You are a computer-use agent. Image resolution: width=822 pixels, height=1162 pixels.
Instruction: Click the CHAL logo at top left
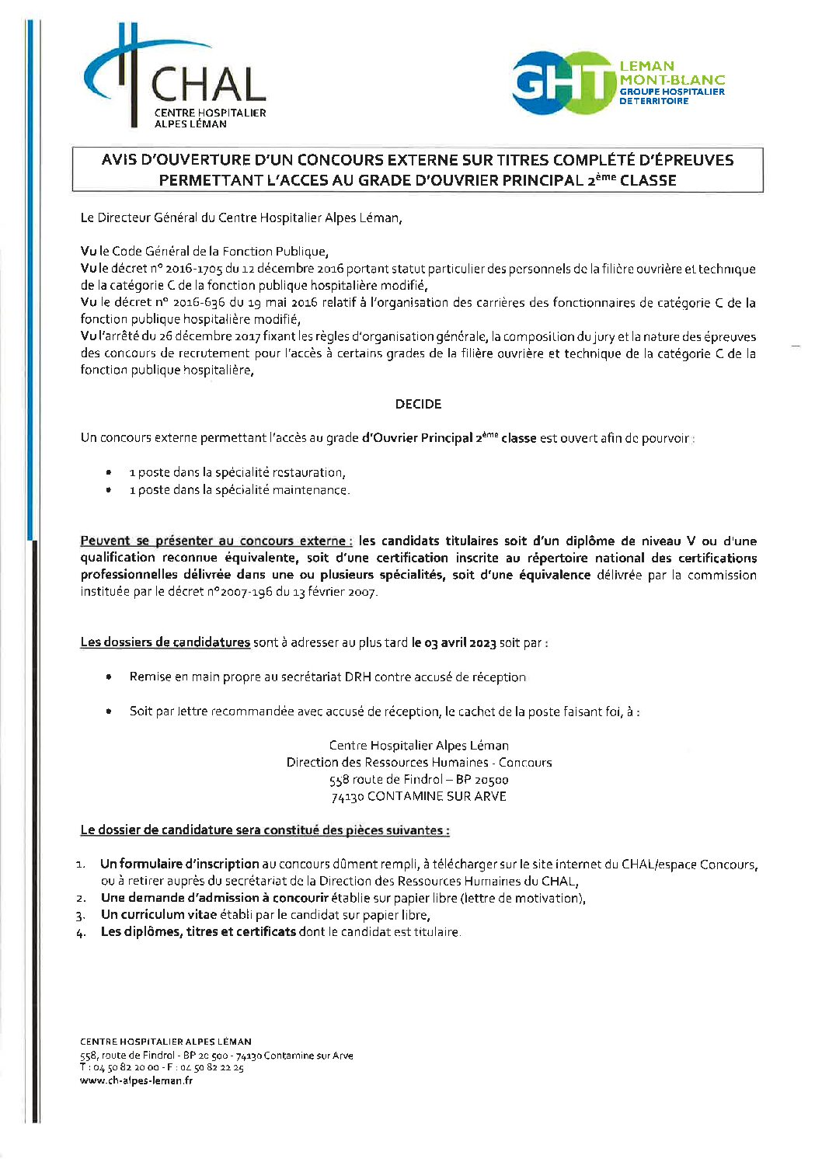[x=175, y=78]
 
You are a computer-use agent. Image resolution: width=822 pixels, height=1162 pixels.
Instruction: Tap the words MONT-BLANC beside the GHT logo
[x=672, y=79]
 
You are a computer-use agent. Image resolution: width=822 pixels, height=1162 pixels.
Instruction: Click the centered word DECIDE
[x=418, y=404]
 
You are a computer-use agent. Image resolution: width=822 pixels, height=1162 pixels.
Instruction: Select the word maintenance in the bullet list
[x=311, y=490]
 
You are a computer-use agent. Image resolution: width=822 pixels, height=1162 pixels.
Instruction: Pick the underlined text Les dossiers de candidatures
[x=165, y=642]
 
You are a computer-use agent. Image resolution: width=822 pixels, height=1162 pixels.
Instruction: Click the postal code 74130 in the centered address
[x=347, y=797]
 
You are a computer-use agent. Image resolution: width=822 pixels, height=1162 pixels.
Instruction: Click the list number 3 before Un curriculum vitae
[x=81, y=916]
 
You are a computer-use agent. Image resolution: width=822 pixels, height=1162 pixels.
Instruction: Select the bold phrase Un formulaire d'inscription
[x=179, y=864]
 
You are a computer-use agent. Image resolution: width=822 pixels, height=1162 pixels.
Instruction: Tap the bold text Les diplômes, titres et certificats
[x=198, y=932]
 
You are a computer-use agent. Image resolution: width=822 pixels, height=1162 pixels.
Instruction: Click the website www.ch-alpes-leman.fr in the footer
[x=136, y=1080]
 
